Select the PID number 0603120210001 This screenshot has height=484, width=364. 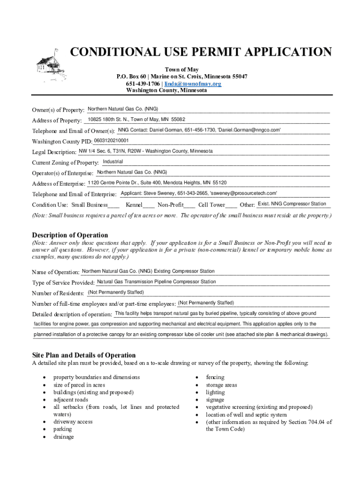pyautogui.click(x=111, y=140)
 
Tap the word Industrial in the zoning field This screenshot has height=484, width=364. pyautogui.click(x=113, y=162)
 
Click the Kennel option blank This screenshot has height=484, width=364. pyautogui.click(x=149, y=206)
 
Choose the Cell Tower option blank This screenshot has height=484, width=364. pyautogui.click(x=232, y=206)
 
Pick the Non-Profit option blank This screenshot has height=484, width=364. pyautogui.click(x=190, y=206)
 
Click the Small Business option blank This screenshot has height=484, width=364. pyautogui.click(x=113, y=206)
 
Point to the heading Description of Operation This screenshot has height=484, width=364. pyautogui.click(x=70, y=235)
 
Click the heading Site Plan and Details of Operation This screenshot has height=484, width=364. pyautogui.click(x=84, y=355)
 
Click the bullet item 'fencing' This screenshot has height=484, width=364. pyautogui.click(x=215, y=377)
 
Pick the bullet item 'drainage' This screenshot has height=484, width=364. pyautogui.click(x=63, y=437)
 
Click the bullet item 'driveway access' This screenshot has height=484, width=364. pyautogui.click(x=73, y=422)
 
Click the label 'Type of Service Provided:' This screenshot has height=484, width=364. pyautogui.click(x=63, y=283)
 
